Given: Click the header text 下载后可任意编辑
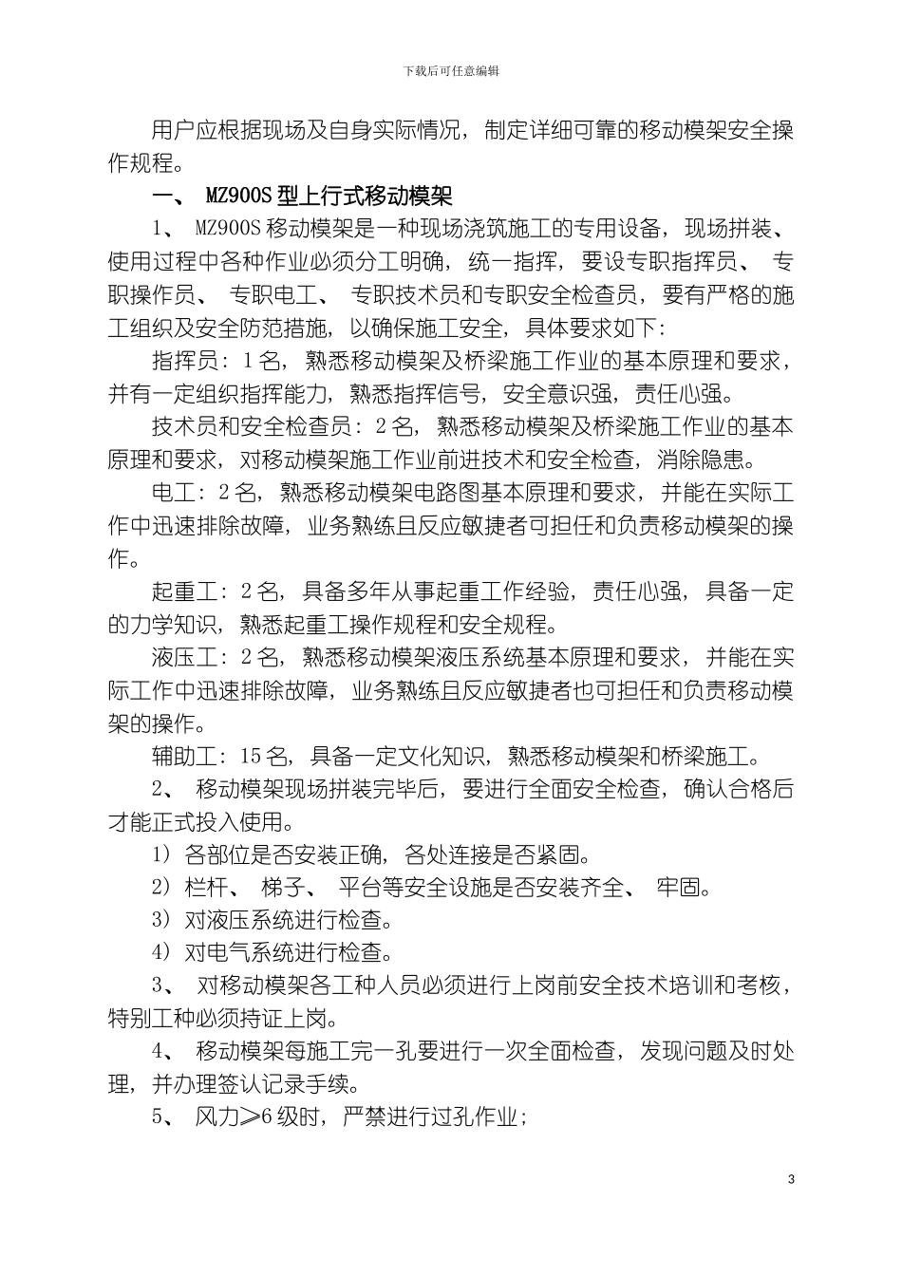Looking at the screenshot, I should (x=451, y=71).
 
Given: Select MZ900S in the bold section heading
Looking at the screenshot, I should (x=238, y=197).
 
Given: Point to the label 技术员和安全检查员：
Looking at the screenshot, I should (x=255, y=427).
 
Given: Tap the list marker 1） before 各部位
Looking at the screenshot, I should (x=162, y=855).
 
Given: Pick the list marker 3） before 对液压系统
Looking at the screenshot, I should (x=162, y=921).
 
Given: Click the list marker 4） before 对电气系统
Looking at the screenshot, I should (x=162, y=953).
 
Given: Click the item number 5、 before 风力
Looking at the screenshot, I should (x=163, y=1117).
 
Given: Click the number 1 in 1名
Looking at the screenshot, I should (x=248, y=362).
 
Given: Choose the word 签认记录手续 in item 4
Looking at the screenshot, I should (x=295, y=1084).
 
